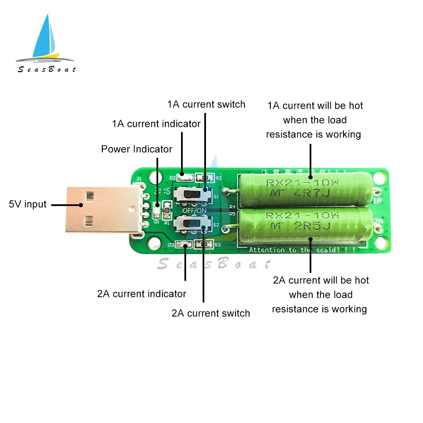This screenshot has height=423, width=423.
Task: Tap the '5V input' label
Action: (x=27, y=205)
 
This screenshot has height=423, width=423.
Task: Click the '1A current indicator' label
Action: (x=156, y=124)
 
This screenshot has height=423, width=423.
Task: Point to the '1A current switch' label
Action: (x=206, y=104)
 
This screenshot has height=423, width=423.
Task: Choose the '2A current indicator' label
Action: (x=142, y=294)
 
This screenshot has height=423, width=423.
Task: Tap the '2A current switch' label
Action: (x=211, y=313)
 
